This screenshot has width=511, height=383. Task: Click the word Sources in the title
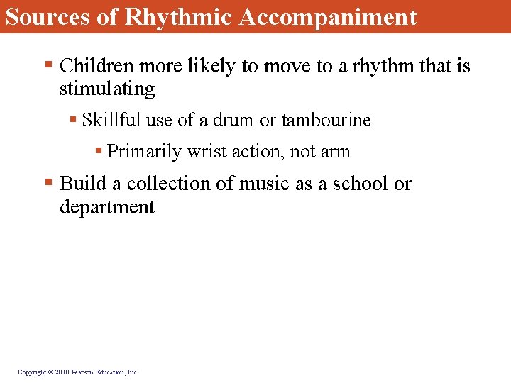tap(48, 16)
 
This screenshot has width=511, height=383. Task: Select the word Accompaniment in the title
tap(328, 16)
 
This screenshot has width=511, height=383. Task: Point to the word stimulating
tap(107, 89)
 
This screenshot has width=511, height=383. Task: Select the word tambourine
tap(326, 121)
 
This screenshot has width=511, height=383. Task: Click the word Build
tap(81, 184)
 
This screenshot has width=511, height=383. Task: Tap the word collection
tap(165, 184)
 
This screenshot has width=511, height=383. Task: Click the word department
tap(107, 207)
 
